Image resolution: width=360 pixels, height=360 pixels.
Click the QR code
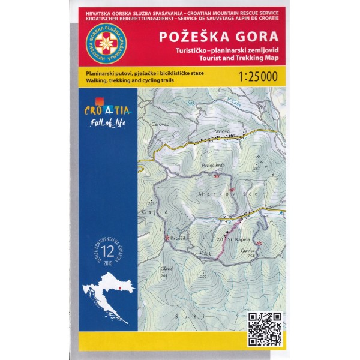pyautogui.click(x=264, y=327)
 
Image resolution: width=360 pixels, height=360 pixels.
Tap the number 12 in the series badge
pyautogui.click(x=107, y=250)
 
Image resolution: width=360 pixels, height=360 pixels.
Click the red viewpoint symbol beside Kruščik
pyautogui.click(x=167, y=238)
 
